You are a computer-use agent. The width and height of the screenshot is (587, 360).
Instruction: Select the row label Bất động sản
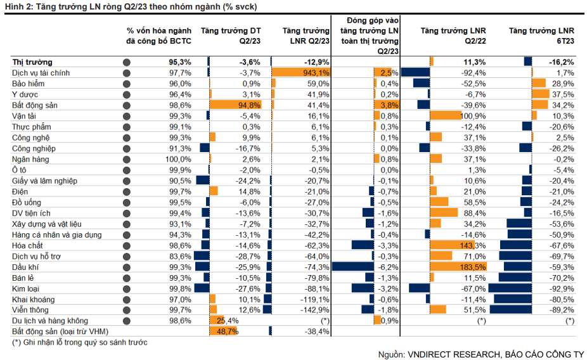(35, 105)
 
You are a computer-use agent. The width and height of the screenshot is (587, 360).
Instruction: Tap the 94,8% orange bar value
(248, 105)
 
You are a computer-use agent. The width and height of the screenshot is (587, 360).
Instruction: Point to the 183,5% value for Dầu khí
(474, 267)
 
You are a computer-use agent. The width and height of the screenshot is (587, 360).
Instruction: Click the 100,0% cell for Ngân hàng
(178, 159)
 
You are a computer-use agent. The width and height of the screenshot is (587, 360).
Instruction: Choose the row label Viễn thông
(30, 310)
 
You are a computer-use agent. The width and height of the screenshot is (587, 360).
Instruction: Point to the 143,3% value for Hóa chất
(474, 245)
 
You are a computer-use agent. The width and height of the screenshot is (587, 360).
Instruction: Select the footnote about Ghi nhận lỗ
(80, 343)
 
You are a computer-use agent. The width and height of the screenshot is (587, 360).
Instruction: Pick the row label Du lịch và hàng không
(50, 321)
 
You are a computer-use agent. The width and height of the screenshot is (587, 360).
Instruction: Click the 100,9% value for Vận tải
(473, 116)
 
